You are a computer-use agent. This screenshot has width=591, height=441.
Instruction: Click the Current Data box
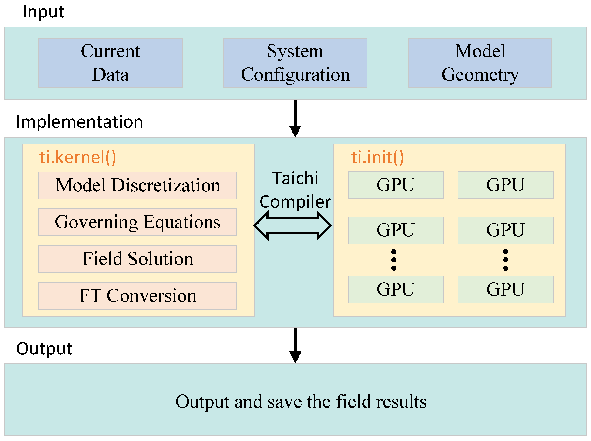tap(110, 63)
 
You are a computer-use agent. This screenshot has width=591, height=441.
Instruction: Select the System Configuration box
tap(295, 63)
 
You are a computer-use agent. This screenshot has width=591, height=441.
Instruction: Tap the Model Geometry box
tap(480, 63)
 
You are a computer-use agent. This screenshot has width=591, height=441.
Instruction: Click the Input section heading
tap(43, 12)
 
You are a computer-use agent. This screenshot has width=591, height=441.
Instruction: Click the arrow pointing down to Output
tap(295, 345)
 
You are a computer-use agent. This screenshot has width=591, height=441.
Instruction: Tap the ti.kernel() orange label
tap(78, 157)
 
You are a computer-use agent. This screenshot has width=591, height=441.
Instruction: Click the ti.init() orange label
tap(377, 157)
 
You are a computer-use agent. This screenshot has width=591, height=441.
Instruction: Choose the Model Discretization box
tap(138, 186)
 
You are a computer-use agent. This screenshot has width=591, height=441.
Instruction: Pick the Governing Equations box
tap(138, 222)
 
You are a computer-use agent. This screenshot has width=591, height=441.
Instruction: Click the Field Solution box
tap(138, 259)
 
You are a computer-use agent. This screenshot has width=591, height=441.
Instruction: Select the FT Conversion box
tap(138, 296)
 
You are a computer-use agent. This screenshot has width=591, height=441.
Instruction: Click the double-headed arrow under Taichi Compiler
tap(293, 226)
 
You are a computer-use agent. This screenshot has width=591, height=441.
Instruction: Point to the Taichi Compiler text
tap(295, 190)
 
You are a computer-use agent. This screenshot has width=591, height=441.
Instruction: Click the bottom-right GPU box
tap(505, 289)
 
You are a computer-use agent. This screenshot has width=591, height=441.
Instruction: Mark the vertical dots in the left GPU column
tap(394, 260)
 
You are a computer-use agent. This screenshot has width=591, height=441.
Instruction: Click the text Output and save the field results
tap(301, 401)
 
